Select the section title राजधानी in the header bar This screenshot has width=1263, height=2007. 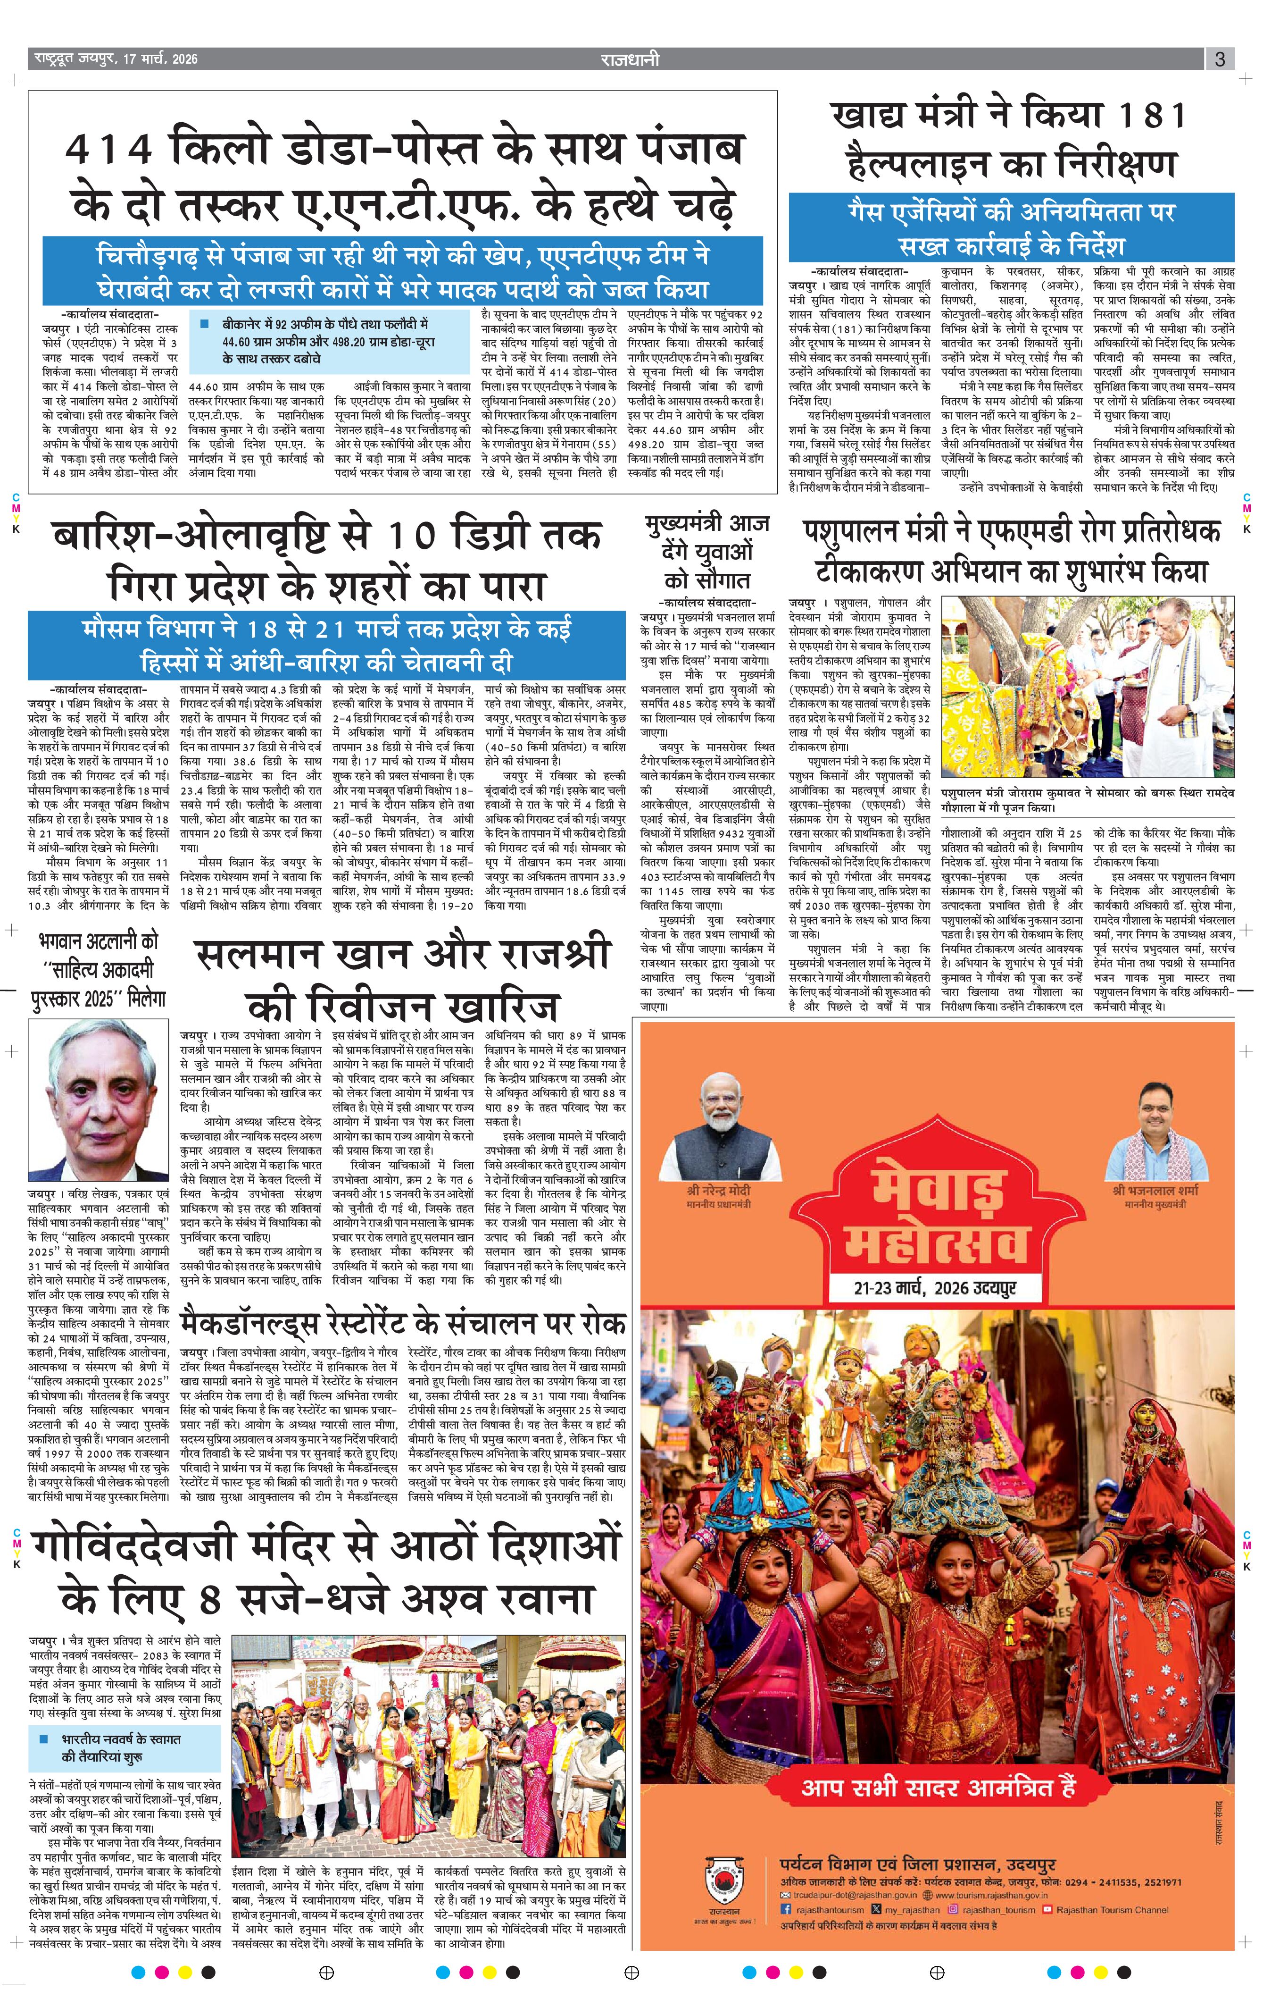[631, 59]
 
